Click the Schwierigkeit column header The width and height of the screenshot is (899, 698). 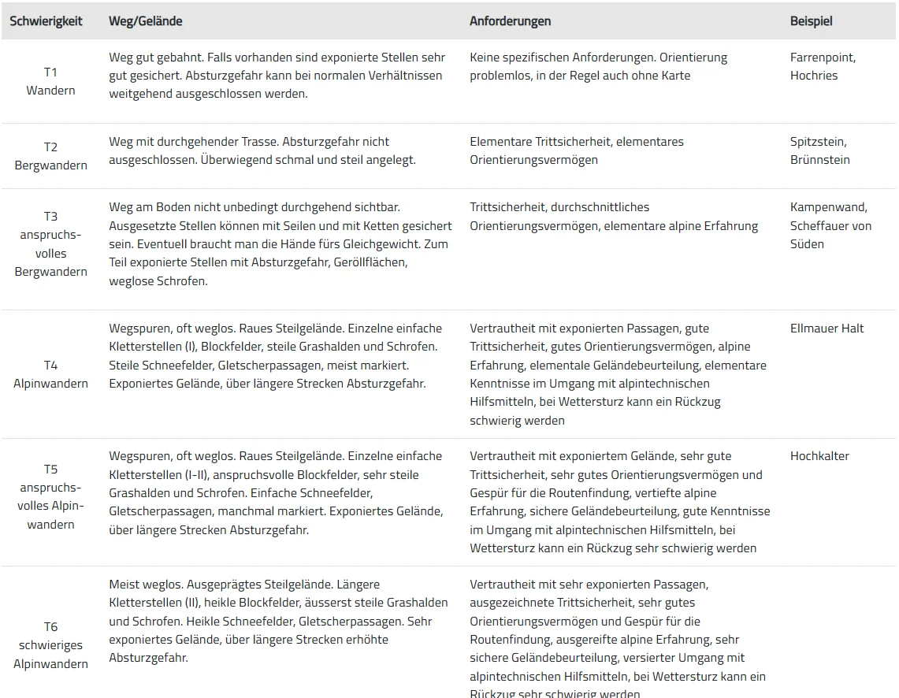[46, 21]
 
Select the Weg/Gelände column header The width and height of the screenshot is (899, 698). [145, 21]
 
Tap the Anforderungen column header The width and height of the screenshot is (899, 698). [510, 21]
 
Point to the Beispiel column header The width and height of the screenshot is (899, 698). [811, 21]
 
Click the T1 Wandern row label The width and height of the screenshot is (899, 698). [50, 81]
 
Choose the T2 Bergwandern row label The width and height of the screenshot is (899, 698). [50, 156]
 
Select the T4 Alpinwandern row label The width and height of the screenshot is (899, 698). [50, 374]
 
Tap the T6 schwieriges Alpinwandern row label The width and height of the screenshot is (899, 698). [50, 645]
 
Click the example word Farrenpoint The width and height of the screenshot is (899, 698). [823, 58]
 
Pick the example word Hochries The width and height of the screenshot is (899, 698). [814, 76]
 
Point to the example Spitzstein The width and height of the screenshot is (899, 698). [818, 142]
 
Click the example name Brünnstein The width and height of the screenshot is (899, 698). [819, 160]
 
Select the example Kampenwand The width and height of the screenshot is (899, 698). [828, 207]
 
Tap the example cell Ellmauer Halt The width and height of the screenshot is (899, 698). [827, 329]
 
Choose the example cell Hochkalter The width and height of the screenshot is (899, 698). [819, 456]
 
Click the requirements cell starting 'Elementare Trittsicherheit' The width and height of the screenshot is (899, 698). [577, 150]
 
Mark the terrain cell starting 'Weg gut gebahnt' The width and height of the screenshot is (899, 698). [277, 76]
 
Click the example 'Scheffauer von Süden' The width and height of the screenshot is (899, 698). [830, 235]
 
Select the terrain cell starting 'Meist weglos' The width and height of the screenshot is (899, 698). [278, 621]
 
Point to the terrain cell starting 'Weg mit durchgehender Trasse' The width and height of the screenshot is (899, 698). [262, 150]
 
